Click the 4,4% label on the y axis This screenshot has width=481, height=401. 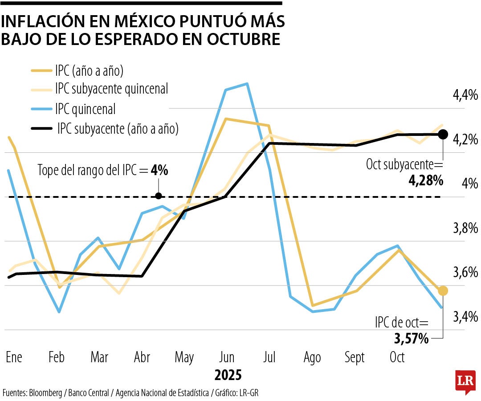coord(465,95)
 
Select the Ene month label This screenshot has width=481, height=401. coord(14,357)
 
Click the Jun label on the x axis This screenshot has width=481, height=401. coord(227,357)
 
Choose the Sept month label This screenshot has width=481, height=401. coord(355,357)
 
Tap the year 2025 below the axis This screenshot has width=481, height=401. coord(228,375)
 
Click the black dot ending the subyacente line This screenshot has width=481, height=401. coord(442,134)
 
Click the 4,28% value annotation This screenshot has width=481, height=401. coord(426,180)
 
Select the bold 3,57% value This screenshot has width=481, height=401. coord(411,339)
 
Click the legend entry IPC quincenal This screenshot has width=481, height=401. coord(85,109)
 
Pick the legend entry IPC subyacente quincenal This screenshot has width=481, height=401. coord(111,89)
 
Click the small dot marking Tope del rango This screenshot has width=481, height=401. coord(159,196)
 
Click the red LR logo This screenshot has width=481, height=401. coord(465,381)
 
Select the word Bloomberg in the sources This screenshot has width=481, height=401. coord(46,393)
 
